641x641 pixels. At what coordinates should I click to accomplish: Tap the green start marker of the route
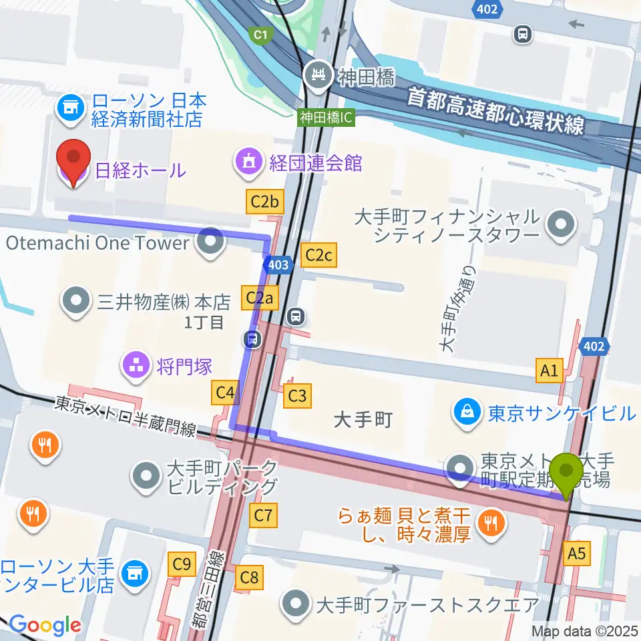568,474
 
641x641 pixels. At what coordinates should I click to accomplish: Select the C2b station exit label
264,201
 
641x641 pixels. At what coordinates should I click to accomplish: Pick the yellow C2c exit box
318,254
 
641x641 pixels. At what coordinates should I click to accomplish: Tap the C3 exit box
297,396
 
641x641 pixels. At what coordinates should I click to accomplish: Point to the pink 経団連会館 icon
247,161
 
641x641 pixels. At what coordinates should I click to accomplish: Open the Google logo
45,624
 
